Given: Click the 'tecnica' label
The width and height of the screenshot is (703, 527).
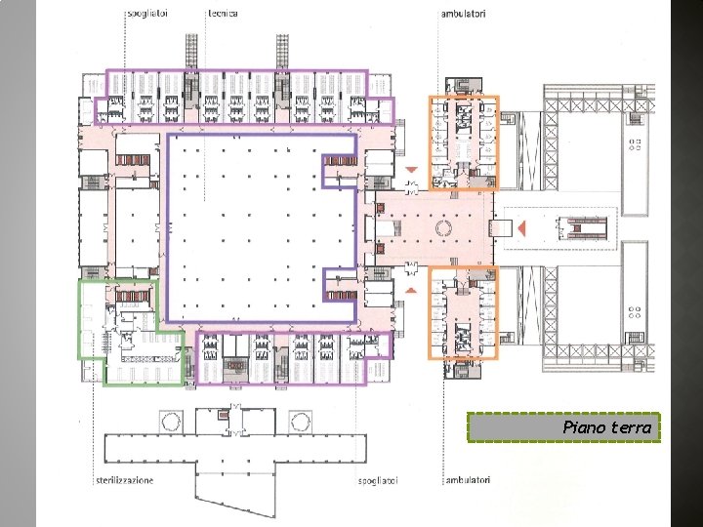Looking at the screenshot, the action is tap(224, 14).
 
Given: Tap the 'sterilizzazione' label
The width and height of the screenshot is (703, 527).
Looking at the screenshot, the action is tap(125, 480).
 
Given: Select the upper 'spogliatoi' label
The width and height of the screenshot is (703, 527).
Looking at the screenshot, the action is tap(147, 14).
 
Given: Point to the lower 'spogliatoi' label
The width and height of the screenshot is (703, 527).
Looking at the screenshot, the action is tap(378, 481).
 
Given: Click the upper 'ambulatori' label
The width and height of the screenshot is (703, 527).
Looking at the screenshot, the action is tap(463, 14).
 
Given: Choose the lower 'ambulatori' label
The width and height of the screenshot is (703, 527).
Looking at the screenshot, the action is tap(468, 480).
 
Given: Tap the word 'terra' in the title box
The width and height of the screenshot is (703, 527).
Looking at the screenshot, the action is tap(629, 427).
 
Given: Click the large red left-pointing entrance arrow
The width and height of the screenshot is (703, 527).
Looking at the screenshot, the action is tap(521, 228).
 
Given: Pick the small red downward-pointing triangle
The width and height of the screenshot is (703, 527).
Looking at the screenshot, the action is tap(412, 170).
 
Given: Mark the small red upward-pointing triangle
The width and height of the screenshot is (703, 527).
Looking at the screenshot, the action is tap(411, 291).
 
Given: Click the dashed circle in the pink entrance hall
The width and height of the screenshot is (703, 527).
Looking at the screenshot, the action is tap(444, 228).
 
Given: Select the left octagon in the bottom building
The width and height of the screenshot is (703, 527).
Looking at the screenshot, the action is tap(171, 422).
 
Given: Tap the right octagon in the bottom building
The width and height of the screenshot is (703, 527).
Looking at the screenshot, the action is tap(300, 422).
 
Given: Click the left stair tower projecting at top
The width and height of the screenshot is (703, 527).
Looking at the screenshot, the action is tap(192, 52).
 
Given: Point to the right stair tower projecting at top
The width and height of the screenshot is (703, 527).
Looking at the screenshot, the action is tap(282, 52).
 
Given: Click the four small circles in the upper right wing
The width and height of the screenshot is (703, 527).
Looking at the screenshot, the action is tap(635, 144).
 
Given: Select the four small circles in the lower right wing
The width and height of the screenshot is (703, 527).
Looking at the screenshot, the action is tap(635, 312).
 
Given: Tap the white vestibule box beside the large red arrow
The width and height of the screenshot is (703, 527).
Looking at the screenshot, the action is tap(503, 228).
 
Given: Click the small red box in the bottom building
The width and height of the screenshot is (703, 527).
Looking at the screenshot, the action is tap(223, 415).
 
